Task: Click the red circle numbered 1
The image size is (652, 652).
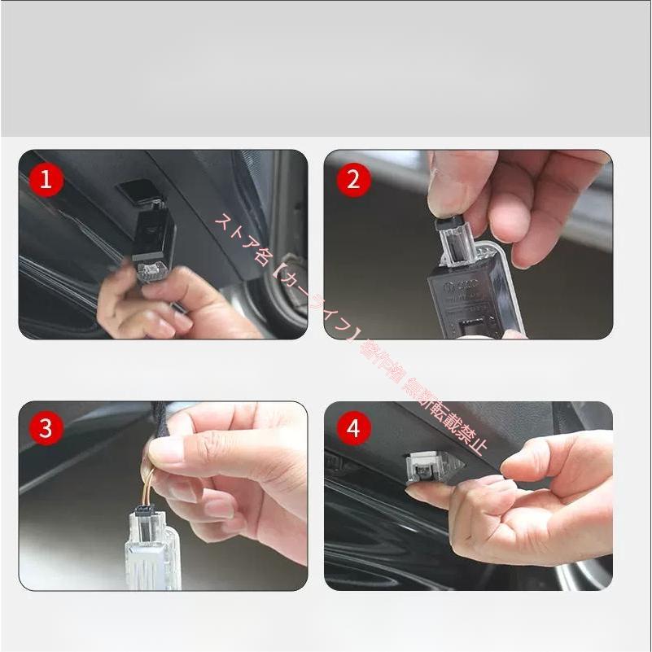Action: click(46, 179)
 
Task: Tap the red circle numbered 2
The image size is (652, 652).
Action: click(352, 179)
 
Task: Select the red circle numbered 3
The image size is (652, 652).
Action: click(46, 428)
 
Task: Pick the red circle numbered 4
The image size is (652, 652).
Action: click(352, 428)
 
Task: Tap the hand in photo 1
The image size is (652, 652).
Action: click(147, 305)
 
